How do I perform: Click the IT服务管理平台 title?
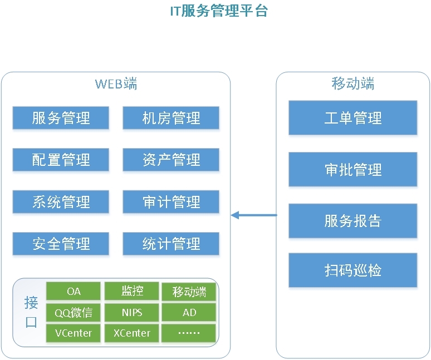[x=219, y=11]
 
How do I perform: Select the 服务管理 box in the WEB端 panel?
[x=61, y=118]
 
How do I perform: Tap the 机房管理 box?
[x=171, y=118]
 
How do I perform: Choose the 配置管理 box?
[x=61, y=160]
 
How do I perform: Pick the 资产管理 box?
[x=171, y=160]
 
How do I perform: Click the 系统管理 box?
[x=61, y=202]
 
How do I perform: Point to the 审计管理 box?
[x=171, y=202]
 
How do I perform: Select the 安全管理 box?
[x=61, y=244]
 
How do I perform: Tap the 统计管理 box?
[x=171, y=244]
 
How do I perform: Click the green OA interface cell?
[x=74, y=291]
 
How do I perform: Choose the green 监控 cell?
[x=132, y=291]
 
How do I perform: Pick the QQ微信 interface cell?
[x=74, y=313]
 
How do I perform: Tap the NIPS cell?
[x=132, y=313]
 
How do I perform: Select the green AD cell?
[x=189, y=313]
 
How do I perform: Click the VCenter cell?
[x=74, y=333]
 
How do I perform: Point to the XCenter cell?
[x=132, y=333]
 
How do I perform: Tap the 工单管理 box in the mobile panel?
[x=353, y=118]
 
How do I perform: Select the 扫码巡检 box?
[x=353, y=270]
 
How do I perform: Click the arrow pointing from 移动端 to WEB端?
[x=254, y=215]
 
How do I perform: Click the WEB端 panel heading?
[x=116, y=84]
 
